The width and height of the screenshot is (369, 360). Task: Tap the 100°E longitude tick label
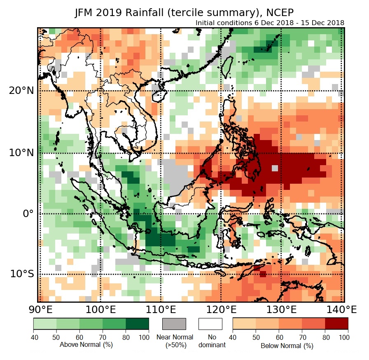[100, 309]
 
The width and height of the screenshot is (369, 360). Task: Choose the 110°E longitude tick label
[161, 309]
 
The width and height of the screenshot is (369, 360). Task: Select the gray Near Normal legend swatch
[174, 324]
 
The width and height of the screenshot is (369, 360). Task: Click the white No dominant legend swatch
[210, 324]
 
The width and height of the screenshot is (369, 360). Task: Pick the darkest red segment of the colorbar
[336, 323]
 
